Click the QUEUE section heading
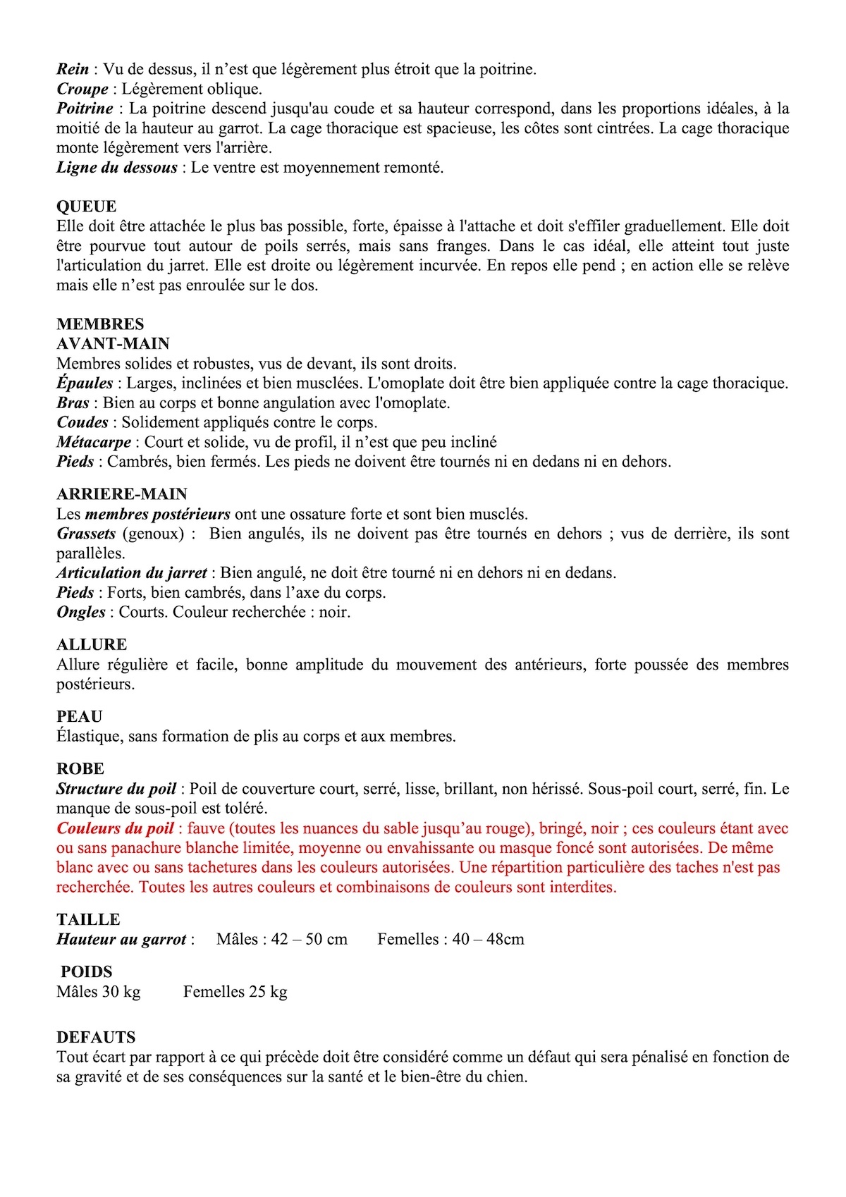86,207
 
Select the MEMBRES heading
100,324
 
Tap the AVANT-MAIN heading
113,344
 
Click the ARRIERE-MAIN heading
122,494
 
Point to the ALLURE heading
92,644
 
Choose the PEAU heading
80,716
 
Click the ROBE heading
80,768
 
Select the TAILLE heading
88,919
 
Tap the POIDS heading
87,971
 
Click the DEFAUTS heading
96,1037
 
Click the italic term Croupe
82,90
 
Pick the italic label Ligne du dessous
117,168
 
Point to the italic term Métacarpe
94,443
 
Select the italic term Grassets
86,534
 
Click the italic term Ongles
81,612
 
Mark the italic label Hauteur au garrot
121,939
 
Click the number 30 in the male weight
111,992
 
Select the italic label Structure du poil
116,789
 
